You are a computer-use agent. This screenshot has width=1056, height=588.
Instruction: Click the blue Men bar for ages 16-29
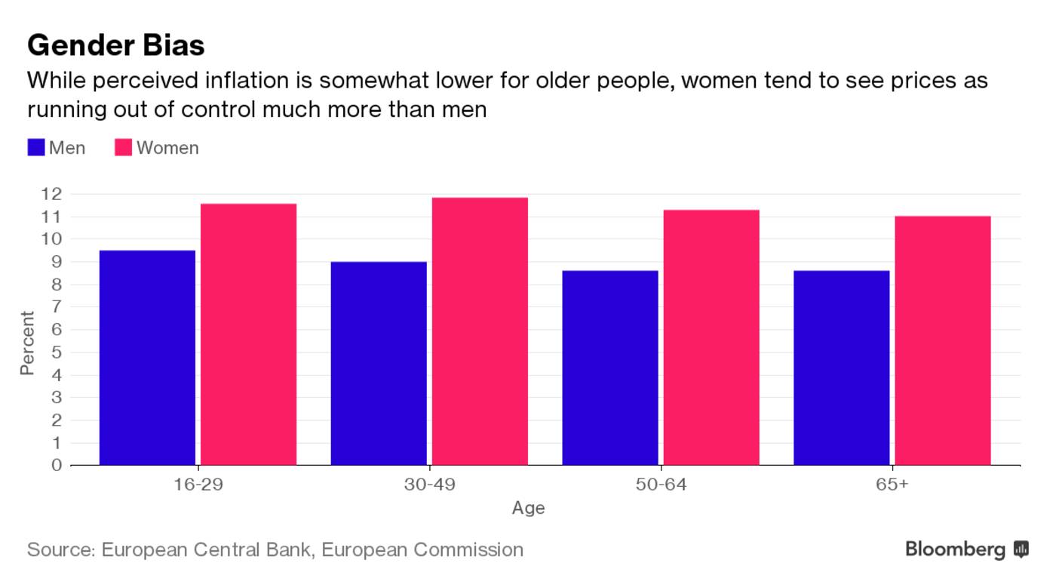147,358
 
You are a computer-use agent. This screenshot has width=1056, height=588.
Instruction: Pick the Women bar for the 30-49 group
480,331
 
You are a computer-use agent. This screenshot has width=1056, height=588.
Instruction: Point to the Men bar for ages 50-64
610,368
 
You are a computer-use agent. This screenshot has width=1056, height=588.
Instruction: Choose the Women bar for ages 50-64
711,337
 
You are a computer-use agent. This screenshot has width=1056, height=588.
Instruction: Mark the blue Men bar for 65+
842,368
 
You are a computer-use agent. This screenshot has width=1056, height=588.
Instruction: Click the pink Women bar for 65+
943,340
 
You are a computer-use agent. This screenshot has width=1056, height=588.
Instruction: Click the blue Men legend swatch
36,148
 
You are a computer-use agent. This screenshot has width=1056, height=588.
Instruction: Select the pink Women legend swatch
124,148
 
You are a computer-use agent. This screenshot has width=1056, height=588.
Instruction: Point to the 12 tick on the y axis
51,194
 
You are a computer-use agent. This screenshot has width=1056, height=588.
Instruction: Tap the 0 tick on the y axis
57,465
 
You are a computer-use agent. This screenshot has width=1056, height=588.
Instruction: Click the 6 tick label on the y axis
57,330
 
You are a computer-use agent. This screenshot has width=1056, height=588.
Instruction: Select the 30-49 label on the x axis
429,485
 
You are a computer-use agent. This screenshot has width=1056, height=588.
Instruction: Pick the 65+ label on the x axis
892,485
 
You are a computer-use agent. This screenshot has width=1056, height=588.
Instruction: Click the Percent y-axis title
27,343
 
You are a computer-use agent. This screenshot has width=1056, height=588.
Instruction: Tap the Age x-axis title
528,508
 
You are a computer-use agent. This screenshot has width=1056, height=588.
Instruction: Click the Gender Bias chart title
115,45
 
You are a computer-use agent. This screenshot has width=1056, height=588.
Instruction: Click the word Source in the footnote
60,550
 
